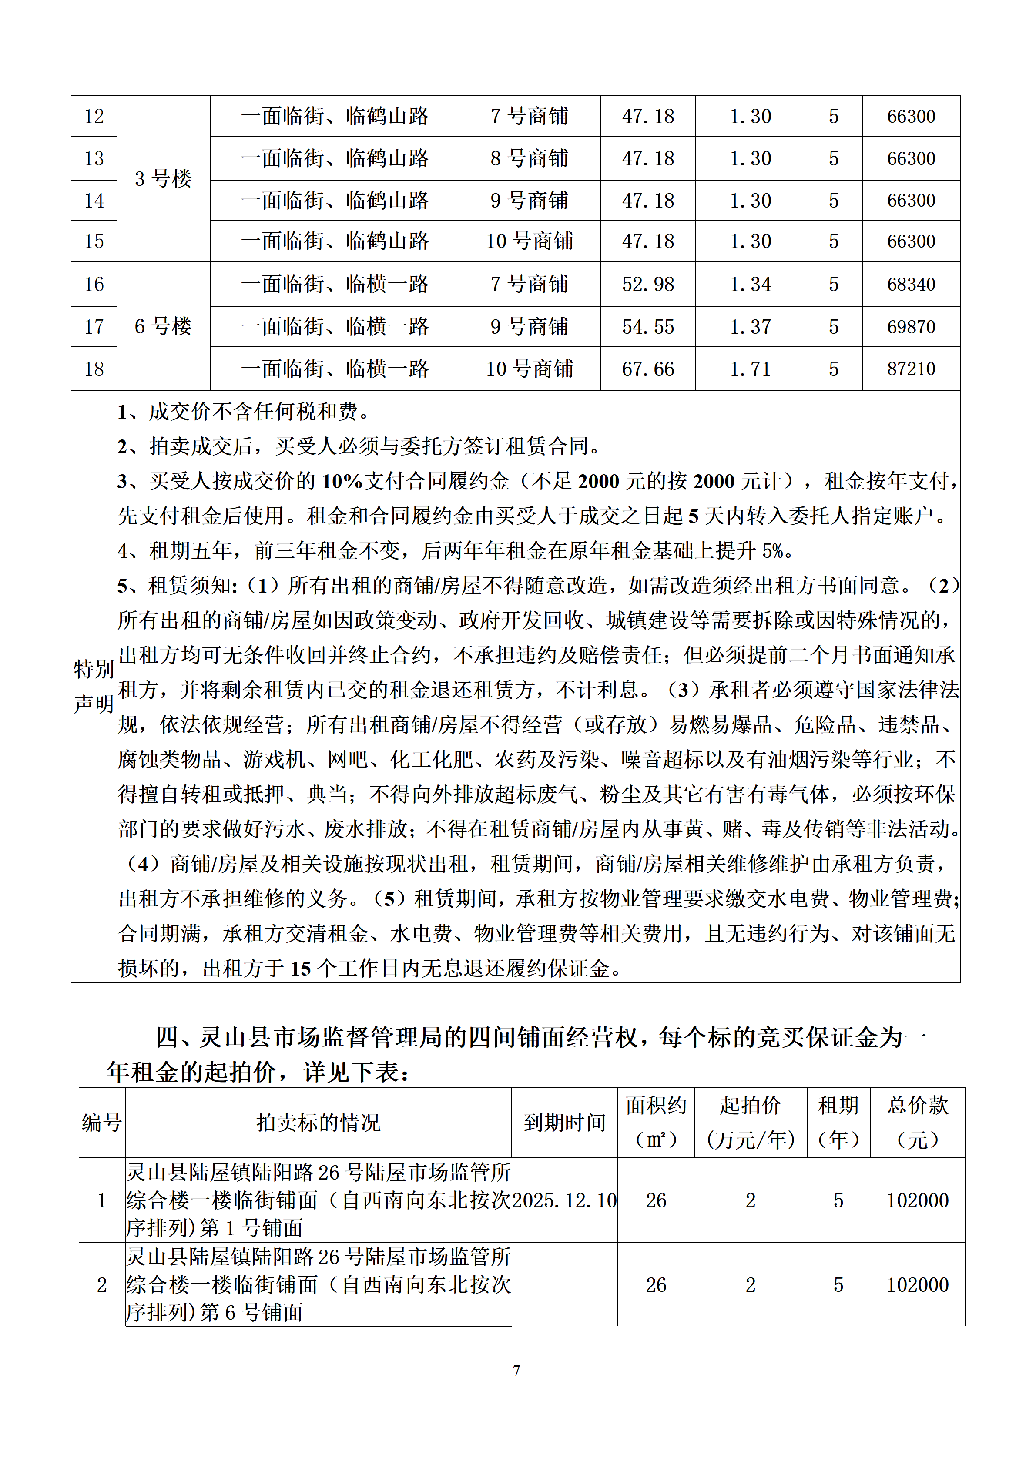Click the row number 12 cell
[94, 116]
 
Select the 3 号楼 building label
[163, 179]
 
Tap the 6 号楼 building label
[163, 326]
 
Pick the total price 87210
[911, 369]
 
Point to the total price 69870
[911, 327]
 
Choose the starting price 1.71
[750, 369]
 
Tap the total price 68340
[911, 284]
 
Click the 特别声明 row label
[94, 687]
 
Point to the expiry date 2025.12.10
[564, 1200]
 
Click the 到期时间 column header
[564, 1123]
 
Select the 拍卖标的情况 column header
[319, 1123]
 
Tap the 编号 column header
[101, 1123]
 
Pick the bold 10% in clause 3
[342, 481]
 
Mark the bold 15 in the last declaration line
[301, 969]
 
